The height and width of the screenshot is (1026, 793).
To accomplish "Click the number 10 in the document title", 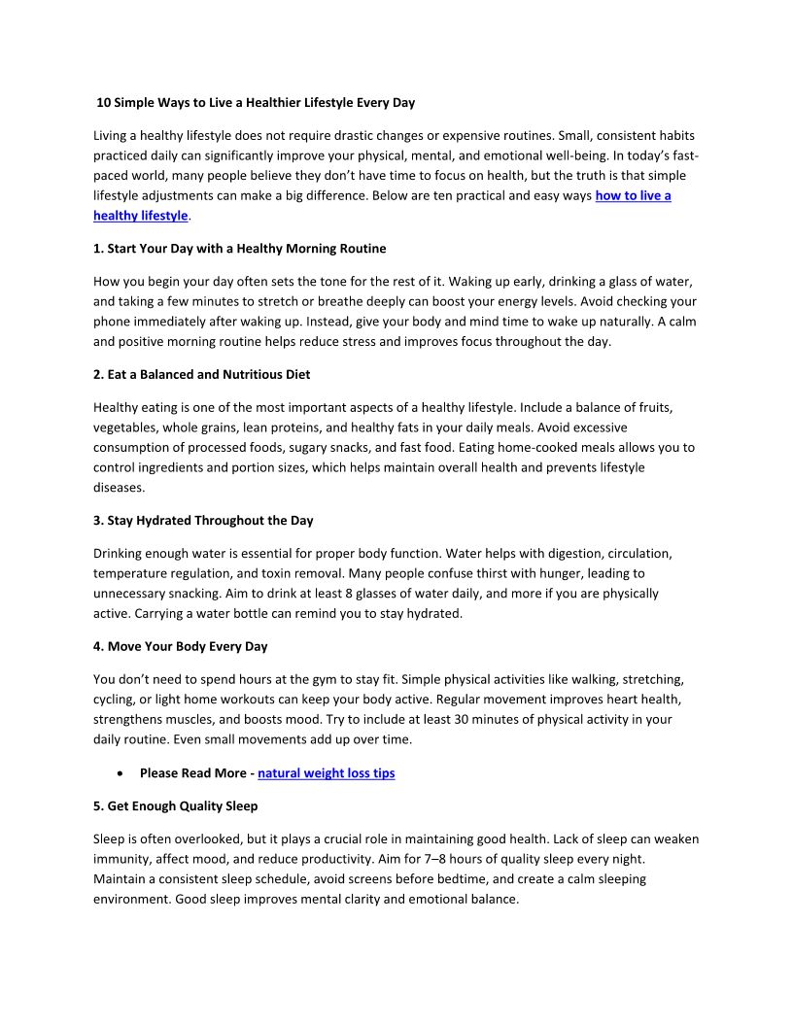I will (104, 102).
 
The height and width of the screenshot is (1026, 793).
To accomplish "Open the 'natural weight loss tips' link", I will (326, 773).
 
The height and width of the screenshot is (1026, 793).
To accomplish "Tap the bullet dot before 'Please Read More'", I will (118, 773).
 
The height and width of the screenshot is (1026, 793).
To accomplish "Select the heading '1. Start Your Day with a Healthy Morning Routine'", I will (239, 249).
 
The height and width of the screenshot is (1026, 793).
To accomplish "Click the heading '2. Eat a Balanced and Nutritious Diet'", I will (201, 374).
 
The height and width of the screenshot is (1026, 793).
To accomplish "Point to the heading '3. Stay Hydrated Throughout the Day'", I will (203, 520).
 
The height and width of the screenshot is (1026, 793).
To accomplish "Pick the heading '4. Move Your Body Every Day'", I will (180, 646).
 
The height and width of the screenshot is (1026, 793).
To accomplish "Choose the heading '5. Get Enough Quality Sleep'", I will (175, 805).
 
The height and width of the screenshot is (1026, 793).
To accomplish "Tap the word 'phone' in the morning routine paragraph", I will (112, 321).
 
